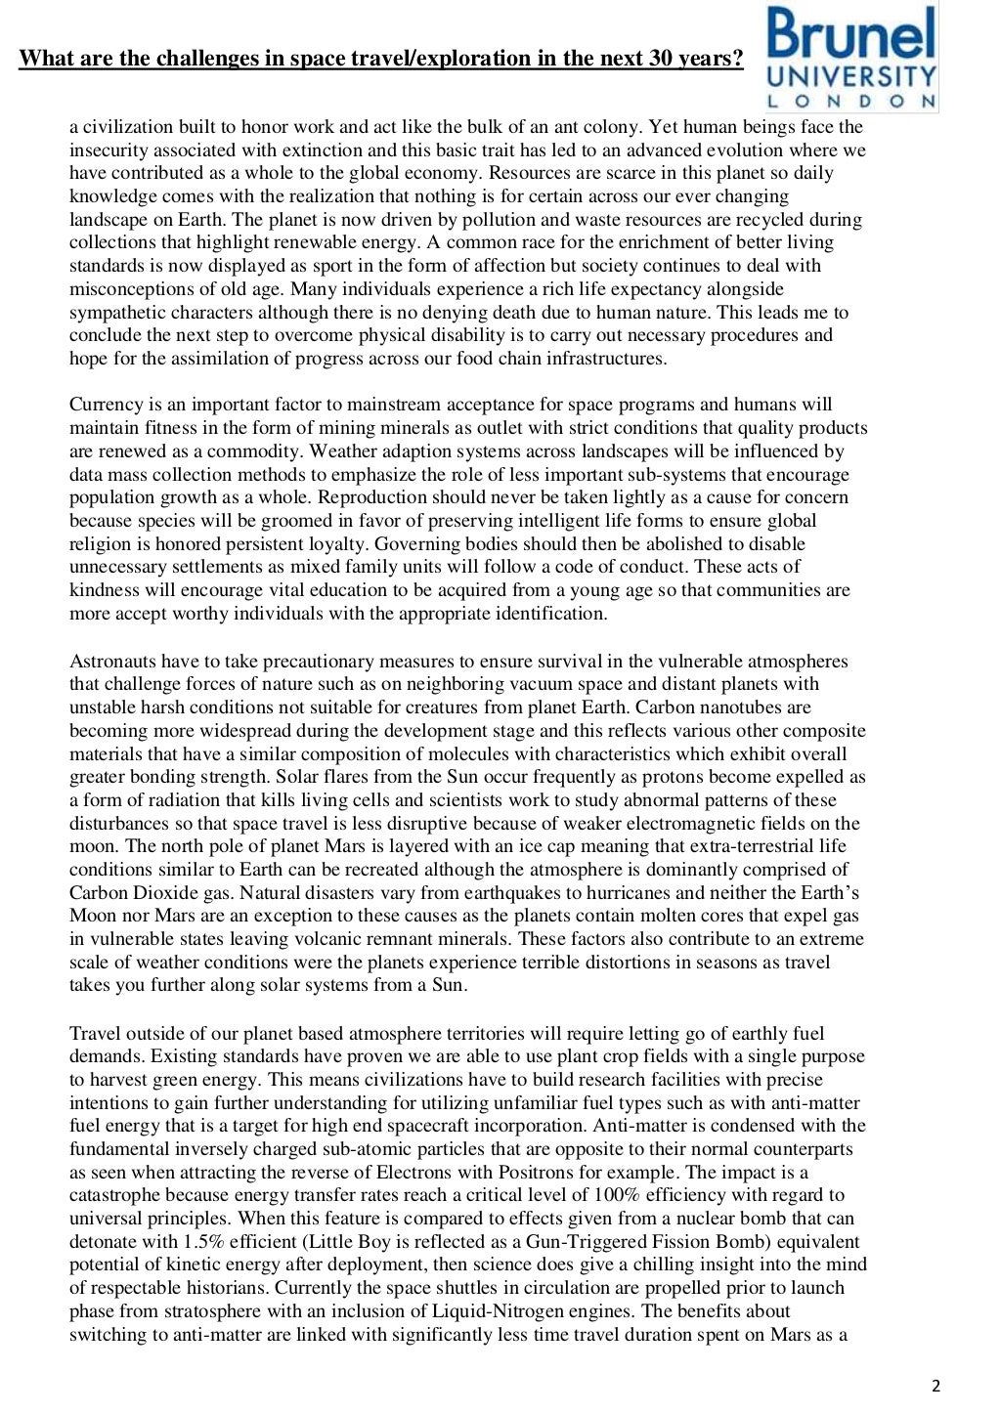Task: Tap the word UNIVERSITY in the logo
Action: click(850, 77)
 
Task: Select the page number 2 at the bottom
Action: click(936, 1386)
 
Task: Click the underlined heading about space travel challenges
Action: click(381, 59)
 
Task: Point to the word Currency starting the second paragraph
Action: click(107, 405)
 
